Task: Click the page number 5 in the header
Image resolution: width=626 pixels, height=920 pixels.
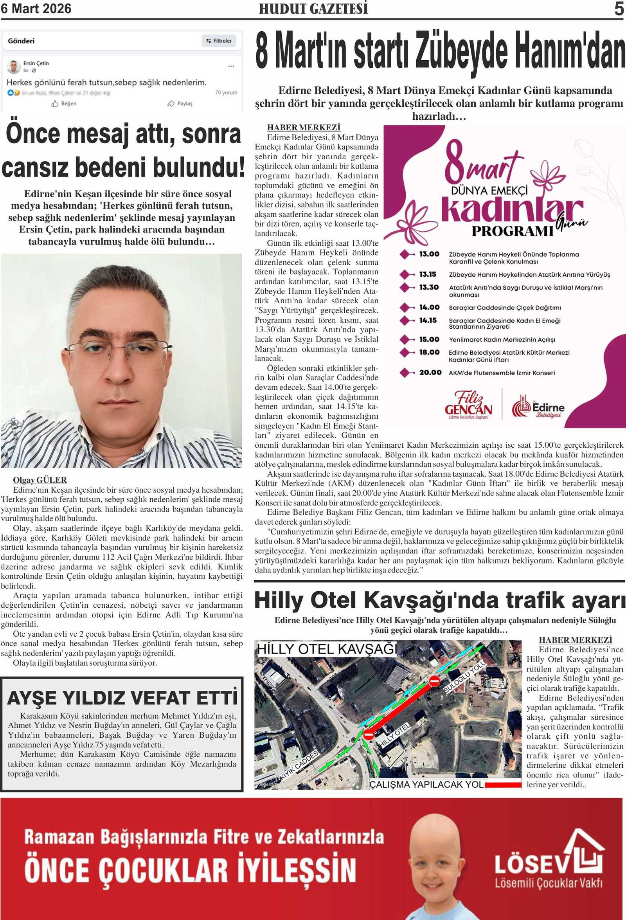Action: [x=619, y=9]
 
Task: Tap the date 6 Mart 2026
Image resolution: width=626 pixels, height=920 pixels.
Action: [x=36, y=9]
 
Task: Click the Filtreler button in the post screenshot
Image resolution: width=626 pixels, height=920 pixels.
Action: [x=219, y=41]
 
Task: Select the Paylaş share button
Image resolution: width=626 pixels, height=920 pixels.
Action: [x=180, y=104]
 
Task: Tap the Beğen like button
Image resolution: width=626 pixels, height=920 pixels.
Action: [x=64, y=104]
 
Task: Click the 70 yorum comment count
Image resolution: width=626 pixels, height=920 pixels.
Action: [x=226, y=93]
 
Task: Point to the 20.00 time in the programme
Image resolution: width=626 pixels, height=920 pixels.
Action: [x=430, y=373]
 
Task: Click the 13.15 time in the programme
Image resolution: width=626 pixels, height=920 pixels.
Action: [x=428, y=274]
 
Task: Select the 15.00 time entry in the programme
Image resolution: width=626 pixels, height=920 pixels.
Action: [x=429, y=339]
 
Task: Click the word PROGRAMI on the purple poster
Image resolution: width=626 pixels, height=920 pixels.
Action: [x=512, y=231]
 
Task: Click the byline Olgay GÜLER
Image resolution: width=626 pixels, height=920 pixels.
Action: [x=40, y=480]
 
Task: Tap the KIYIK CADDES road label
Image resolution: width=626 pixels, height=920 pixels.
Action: [x=299, y=766]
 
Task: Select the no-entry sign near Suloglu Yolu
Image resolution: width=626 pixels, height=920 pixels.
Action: [x=434, y=681]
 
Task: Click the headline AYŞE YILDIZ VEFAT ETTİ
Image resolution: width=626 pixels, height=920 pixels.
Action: [x=123, y=698]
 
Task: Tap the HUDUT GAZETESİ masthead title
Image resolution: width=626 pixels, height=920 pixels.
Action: [x=313, y=9]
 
